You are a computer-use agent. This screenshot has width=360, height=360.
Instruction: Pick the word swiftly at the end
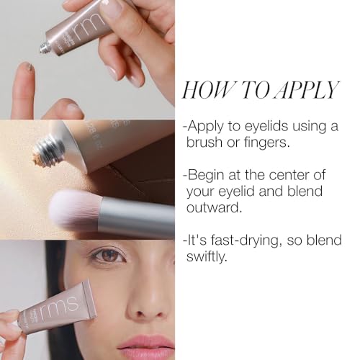pos(208,257)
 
